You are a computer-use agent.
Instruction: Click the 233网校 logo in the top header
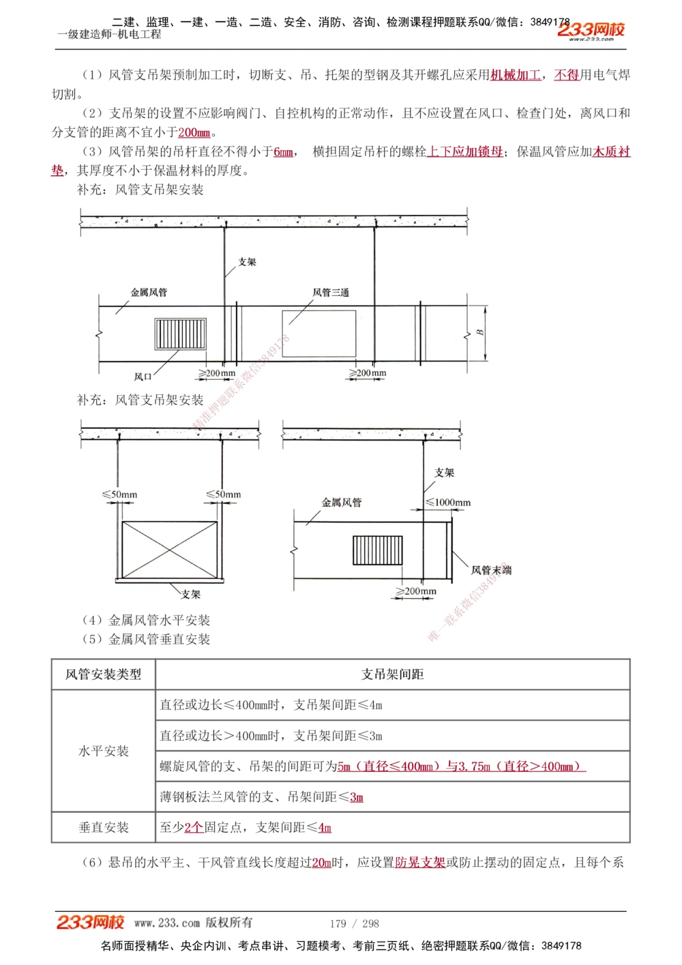(x=591, y=30)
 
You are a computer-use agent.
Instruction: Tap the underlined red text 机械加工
(x=516, y=75)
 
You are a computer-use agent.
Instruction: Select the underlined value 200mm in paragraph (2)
(x=194, y=132)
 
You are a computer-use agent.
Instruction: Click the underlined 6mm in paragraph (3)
(x=283, y=151)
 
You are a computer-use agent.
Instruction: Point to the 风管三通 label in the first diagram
(x=331, y=293)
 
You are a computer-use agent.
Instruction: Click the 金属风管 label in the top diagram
(x=149, y=293)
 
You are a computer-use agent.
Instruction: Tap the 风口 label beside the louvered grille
(x=143, y=376)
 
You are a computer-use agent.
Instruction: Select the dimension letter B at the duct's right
(x=480, y=332)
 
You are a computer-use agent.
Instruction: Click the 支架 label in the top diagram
(x=247, y=262)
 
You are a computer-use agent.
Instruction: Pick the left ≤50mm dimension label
(x=119, y=494)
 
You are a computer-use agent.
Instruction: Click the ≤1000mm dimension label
(x=448, y=503)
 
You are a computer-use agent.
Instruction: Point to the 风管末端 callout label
(x=491, y=570)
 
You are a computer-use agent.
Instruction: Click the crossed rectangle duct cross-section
(x=169, y=550)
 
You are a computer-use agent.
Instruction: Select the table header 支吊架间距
(x=392, y=674)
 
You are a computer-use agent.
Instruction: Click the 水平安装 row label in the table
(x=104, y=751)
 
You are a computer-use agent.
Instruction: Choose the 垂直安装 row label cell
(x=104, y=827)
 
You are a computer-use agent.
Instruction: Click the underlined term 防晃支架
(x=420, y=863)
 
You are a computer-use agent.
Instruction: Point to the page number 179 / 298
(x=354, y=923)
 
